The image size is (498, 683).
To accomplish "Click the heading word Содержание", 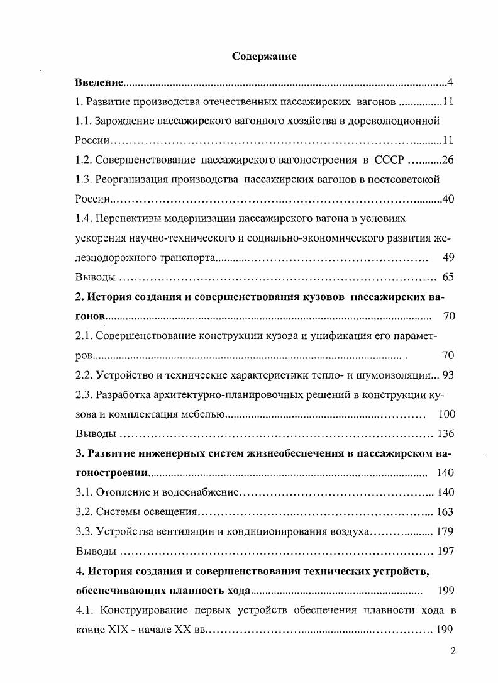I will point(264,56).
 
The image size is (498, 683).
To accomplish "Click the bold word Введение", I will point(99,82).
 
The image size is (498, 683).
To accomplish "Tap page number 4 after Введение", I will point(450,82).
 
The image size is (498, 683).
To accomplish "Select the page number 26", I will point(448,159).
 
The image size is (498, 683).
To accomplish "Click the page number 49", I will point(448,257).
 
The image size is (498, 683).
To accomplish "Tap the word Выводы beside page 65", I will point(95,277).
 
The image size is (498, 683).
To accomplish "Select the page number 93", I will point(448,375).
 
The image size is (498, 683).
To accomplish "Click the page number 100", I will point(445,414).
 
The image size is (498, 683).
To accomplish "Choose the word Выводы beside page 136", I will point(95,434).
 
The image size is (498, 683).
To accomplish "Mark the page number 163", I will point(445,512).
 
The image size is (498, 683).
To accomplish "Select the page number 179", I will point(445,531).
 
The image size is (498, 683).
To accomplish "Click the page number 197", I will point(445,552).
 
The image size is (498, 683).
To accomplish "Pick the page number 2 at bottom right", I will point(452,651).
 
